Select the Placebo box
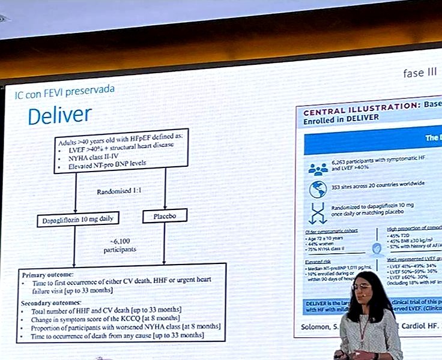click(x=164, y=215)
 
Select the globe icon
click(x=317, y=187)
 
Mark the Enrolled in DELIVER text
click(x=341, y=118)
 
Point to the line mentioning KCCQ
click(x=112, y=318)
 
